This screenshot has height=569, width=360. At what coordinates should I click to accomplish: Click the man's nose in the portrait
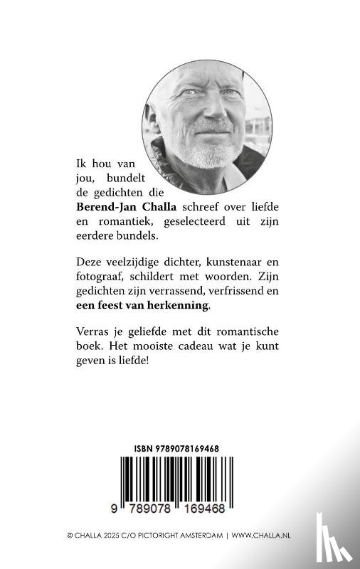tap(201, 122)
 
